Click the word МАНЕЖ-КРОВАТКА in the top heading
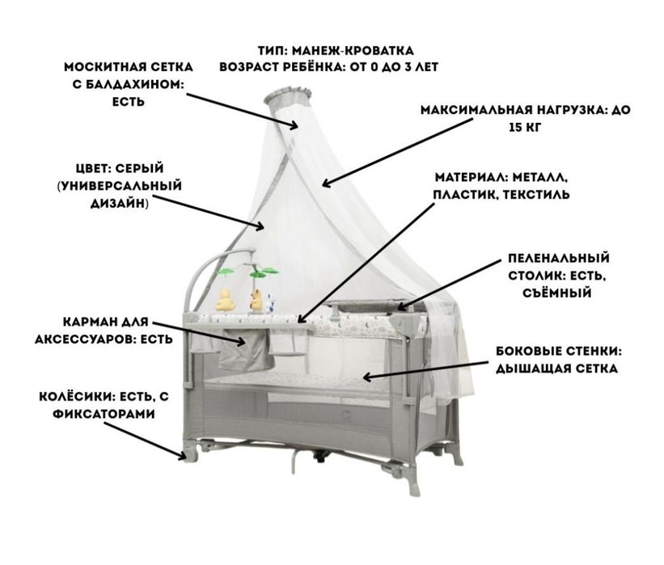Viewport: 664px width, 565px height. tap(353, 51)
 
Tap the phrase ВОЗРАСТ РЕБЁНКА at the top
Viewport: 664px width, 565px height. tap(281, 67)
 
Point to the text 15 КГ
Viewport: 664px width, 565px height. tap(525, 127)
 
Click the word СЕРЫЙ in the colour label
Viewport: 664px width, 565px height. tap(139, 168)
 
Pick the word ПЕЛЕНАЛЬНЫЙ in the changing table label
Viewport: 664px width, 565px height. tap(559, 258)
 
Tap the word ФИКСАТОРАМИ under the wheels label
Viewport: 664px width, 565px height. tap(104, 414)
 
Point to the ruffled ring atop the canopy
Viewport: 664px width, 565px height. tap(289, 95)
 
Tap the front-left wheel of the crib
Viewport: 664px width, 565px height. tap(192, 453)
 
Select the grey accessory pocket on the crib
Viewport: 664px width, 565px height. tap(245, 349)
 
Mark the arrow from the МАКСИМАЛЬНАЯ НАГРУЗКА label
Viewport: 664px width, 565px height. tap(397, 152)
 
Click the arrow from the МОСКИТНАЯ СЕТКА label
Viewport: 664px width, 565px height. tap(242, 111)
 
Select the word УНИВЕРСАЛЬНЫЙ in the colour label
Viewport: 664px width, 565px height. tap(120, 186)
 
